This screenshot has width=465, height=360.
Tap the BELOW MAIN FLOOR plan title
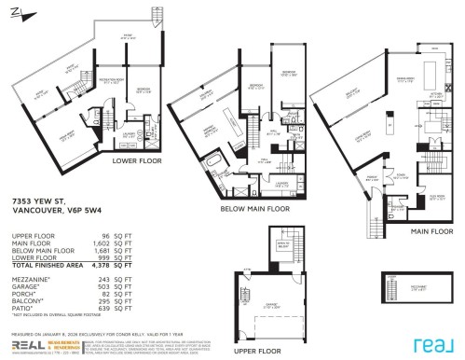[257, 209]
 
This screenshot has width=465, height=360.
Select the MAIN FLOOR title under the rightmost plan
[427, 227]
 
